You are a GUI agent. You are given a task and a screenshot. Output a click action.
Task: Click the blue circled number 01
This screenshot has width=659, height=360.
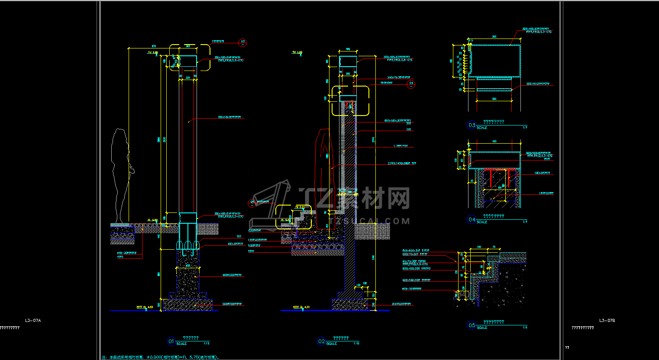click(x=171, y=341)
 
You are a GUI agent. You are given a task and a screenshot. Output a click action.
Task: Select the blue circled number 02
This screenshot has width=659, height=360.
click(x=321, y=341)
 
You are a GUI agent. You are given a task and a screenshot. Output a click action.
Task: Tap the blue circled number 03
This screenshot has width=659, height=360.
click(x=472, y=125)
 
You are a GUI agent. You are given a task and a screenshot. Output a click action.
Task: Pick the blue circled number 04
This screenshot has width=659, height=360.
click(x=472, y=219)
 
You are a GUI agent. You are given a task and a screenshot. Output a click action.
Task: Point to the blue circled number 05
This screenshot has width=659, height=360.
click(x=472, y=325)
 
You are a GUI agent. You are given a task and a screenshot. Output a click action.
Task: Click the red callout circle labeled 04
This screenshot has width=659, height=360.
click(x=411, y=84)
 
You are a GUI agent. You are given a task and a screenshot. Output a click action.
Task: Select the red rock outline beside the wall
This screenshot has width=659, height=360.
click(x=323, y=173)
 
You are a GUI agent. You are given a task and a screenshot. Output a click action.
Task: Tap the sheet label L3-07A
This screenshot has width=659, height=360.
click(x=33, y=321)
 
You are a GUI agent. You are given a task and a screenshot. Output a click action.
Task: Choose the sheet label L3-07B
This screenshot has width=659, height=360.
click(x=607, y=321)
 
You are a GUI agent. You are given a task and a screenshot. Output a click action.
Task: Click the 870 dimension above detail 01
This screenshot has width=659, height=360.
click(x=154, y=46)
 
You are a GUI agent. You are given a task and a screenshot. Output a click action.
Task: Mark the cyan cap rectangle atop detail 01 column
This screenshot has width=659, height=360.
click(x=188, y=61)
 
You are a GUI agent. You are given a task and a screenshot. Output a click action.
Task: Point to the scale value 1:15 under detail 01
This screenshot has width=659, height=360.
click(x=207, y=344)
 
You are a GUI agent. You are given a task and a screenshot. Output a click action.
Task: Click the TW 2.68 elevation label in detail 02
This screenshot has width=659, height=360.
click(x=297, y=52)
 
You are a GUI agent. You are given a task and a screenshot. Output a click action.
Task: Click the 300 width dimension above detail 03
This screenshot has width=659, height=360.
click(x=494, y=37)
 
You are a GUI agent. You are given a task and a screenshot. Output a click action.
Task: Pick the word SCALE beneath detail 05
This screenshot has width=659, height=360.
click(x=482, y=328)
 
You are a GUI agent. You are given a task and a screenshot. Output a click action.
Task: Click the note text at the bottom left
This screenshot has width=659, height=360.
click(x=161, y=357)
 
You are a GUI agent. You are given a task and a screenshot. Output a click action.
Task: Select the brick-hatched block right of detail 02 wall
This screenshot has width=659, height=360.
click(x=372, y=231)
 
